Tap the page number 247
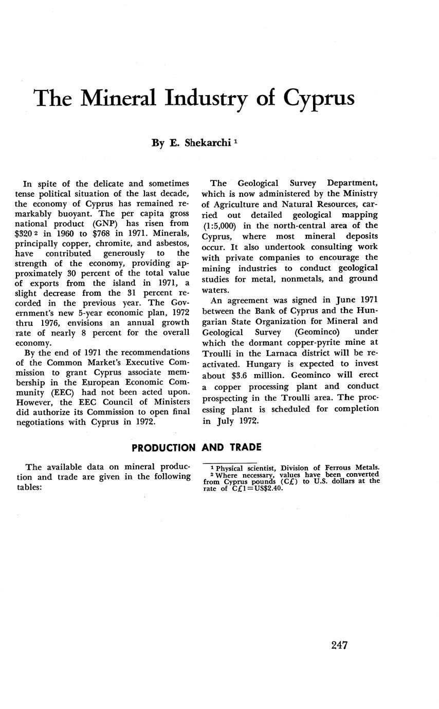click(x=339, y=645)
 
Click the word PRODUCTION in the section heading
click(x=163, y=448)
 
